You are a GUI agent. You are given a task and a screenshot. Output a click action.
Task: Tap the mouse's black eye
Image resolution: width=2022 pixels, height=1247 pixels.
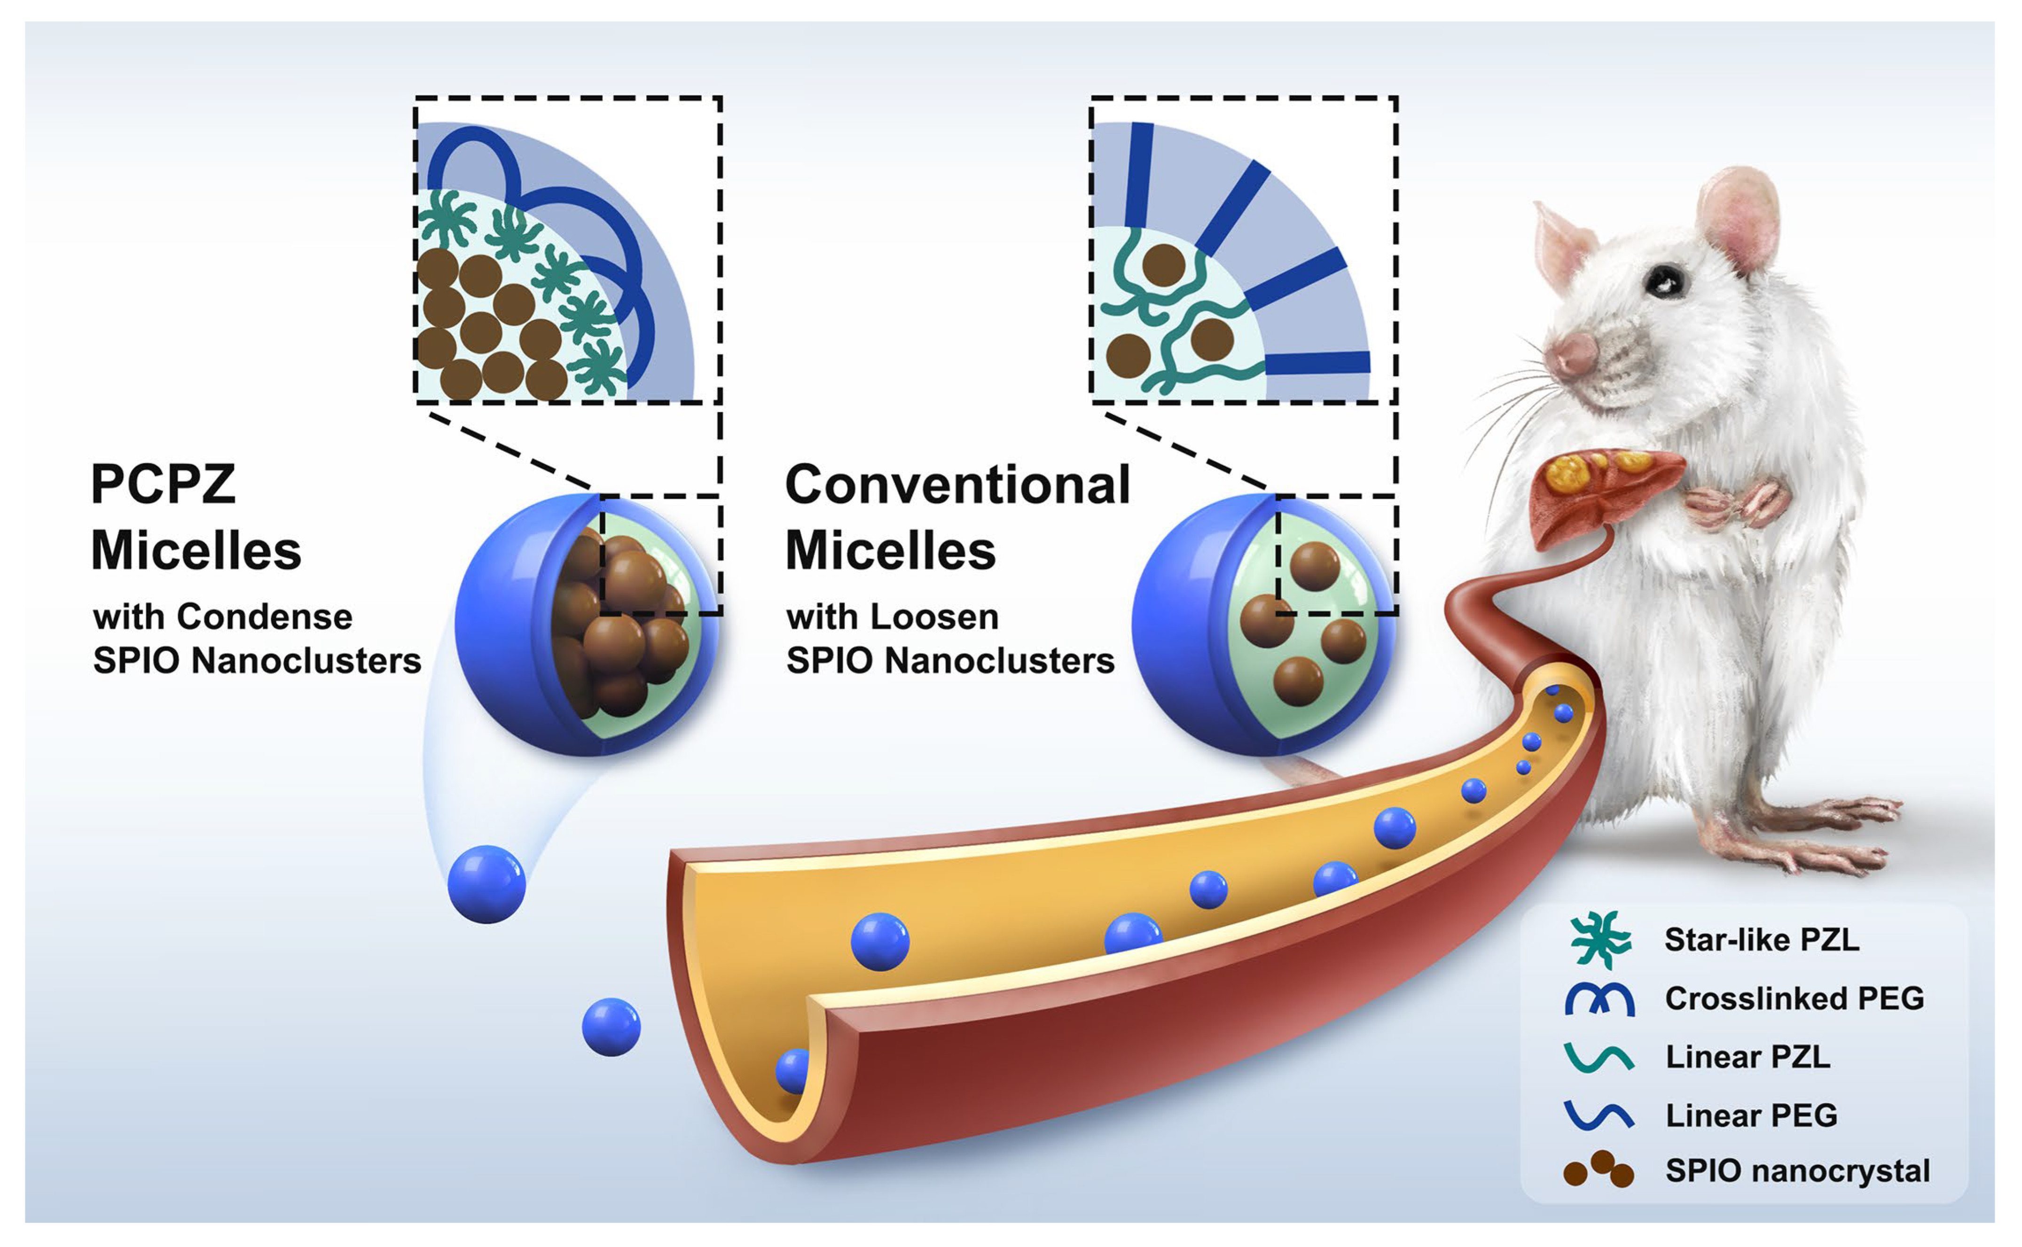pos(1664,282)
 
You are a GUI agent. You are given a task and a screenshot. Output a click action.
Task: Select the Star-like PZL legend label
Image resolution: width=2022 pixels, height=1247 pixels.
pos(1761,939)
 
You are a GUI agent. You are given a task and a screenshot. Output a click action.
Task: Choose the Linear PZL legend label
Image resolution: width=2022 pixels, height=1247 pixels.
pos(1748,1057)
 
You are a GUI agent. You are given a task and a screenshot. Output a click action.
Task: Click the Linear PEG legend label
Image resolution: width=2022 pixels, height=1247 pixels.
pos(1751,1115)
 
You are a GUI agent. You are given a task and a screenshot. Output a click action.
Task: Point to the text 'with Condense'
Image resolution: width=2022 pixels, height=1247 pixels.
pos(223,617)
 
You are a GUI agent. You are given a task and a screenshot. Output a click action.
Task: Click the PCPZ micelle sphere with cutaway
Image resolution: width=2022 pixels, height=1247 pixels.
pos(588,625)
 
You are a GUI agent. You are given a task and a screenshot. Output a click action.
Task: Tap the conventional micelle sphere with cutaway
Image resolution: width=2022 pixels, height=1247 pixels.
pos(1264,625)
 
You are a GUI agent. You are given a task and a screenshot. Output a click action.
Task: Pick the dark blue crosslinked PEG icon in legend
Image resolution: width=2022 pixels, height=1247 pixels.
pos(1599,999)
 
